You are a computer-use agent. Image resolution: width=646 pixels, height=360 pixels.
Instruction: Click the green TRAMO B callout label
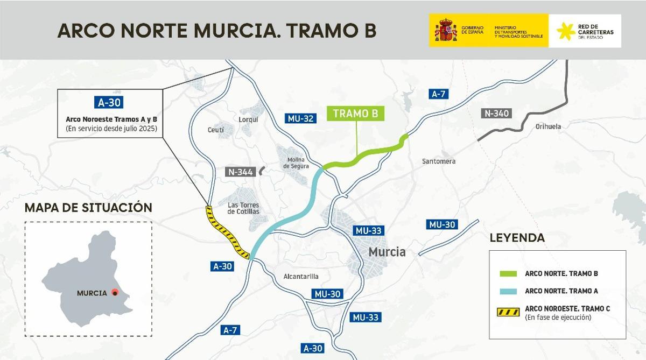(x=355, y=114)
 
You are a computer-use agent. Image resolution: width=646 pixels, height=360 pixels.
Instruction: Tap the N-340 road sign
(x=496, y=114)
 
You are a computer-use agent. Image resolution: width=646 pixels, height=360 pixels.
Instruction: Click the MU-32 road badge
(x=301, y=118)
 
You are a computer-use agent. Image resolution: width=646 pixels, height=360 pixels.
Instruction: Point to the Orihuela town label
(x=548, y=126)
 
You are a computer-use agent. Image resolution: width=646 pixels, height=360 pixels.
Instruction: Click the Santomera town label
(x=439, y=161)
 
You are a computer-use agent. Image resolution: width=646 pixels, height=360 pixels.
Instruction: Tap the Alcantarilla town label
(x=301, y=277)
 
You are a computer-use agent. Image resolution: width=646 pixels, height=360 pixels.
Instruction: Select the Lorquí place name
(x=248, y=119)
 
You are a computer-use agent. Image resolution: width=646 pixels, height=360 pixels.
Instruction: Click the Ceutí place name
(x=216, y=130)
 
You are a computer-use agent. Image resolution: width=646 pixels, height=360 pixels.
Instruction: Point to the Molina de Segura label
(x=296, y=163)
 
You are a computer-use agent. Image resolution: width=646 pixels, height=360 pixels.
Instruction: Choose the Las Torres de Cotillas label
(x=243, y=208)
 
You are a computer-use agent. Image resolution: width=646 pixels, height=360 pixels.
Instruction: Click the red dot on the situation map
(x=115, y=293)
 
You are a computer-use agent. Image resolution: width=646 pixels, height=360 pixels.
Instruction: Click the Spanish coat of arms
(x=445, y=31)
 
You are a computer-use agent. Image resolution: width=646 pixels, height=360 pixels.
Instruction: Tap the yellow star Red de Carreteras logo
(x=565, y=31)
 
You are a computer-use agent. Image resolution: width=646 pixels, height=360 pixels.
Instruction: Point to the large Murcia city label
(x=387, y=252)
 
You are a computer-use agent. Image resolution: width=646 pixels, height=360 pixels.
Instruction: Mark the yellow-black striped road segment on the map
(x=228, y=232)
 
